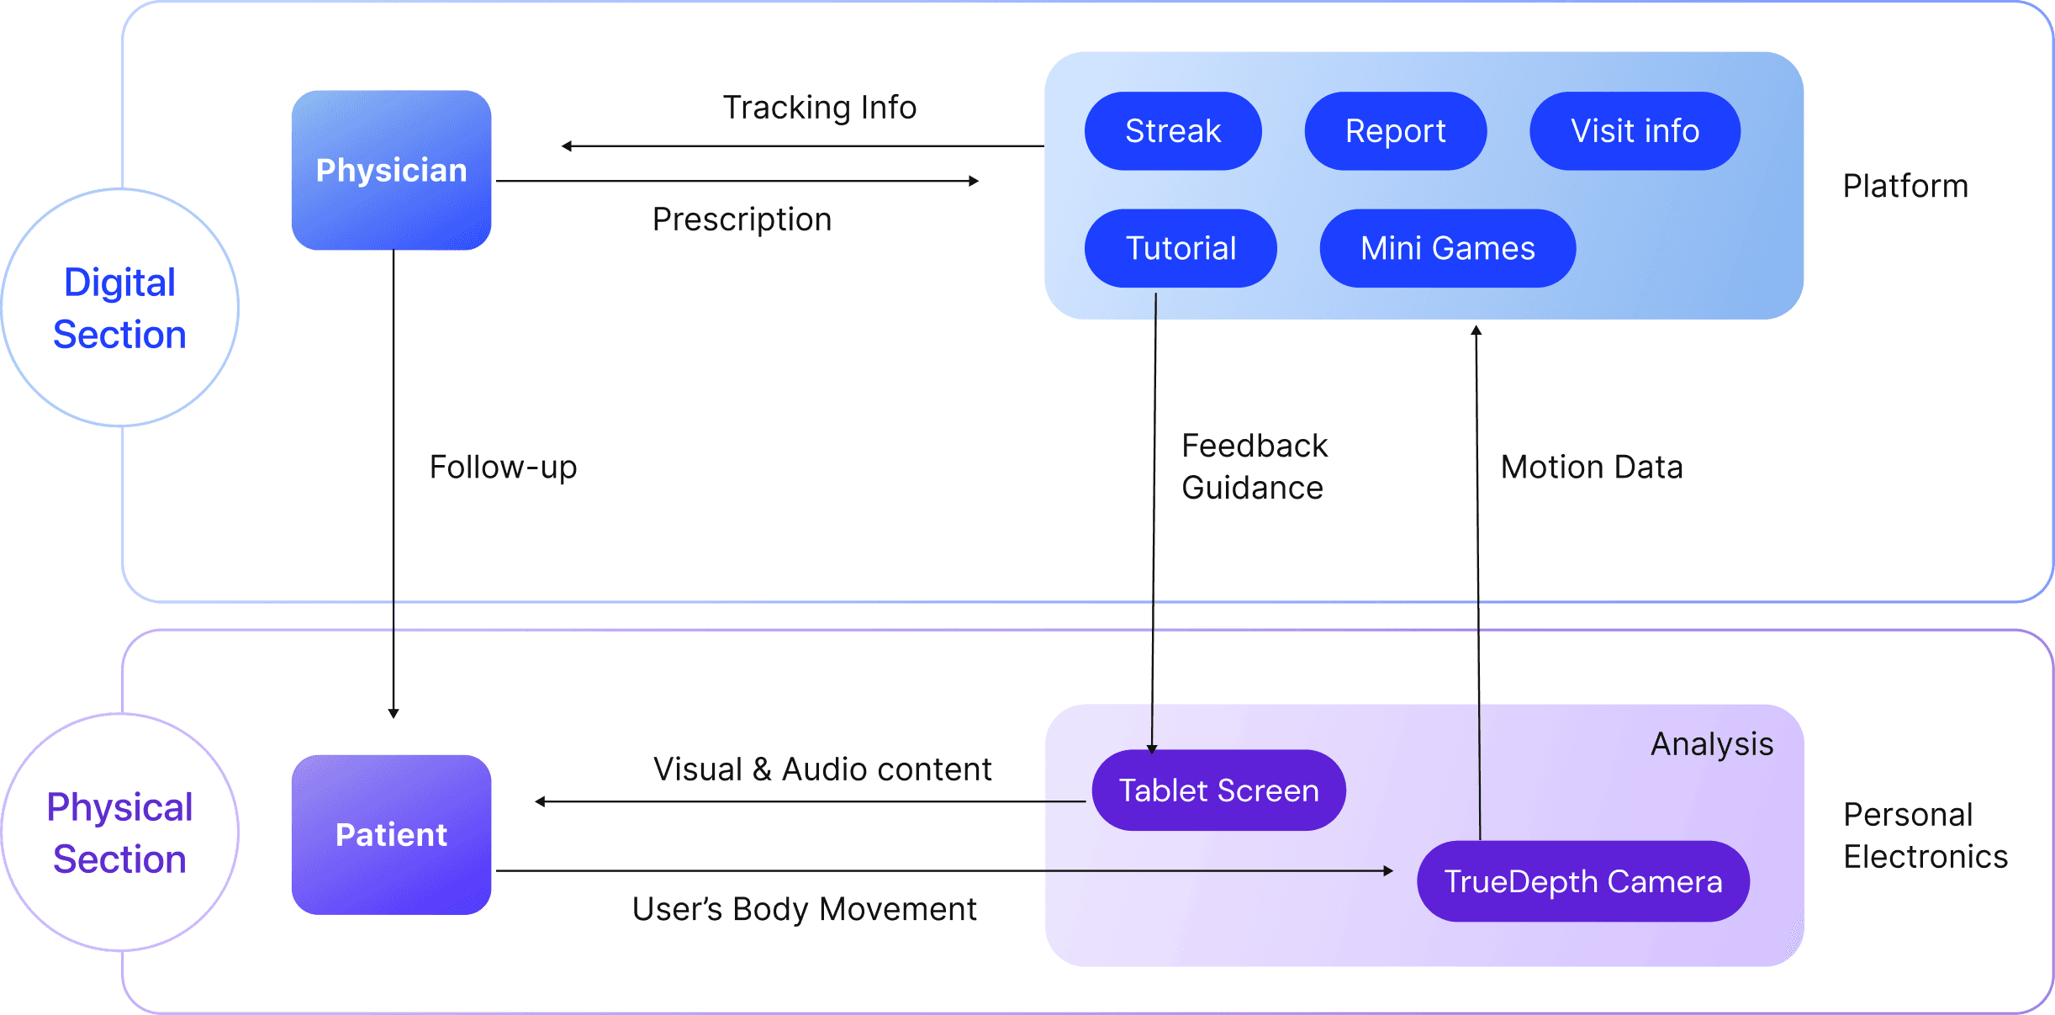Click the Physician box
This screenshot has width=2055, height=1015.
tap(391, 170)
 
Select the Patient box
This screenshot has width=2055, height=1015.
tap(391, 834)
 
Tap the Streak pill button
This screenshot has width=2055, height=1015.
tap(1172, 131)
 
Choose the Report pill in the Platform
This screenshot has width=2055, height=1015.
tap(1395, 131)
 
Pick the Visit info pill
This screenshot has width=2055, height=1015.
tap(1635, 131)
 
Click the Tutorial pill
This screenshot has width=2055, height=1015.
tap(1181, 248)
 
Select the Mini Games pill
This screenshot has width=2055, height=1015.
tap(1447, 248)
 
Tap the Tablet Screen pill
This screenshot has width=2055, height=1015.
tap(1218, 790)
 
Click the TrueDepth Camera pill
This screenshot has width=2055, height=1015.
tap(1582, 881)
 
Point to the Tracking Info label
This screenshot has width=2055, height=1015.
tap(820, 108)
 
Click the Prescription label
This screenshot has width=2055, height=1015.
tap(742, 219)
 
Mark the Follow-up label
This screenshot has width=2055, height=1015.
tap(503, 468)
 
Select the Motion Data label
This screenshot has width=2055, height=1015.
tap(1592, 468)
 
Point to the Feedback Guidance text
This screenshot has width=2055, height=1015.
tap(1254, 467)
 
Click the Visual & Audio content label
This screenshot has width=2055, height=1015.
tap(822, 769)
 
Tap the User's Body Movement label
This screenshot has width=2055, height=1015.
tap(804, 909)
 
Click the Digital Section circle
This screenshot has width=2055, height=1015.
tap(119, 308)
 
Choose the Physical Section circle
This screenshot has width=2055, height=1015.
tap(119, 833)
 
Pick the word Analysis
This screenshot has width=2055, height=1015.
tap(1712, 744)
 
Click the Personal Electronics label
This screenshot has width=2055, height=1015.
tap(1926, 835)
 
